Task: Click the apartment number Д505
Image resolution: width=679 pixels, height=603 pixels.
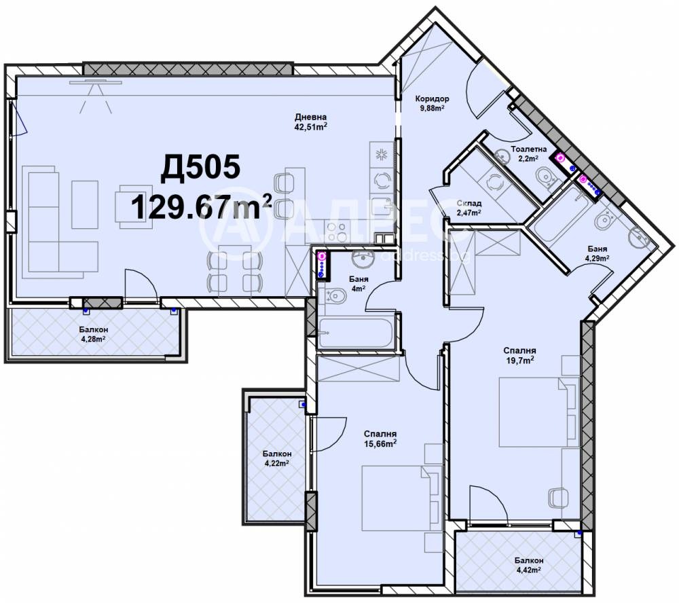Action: coord(200,168)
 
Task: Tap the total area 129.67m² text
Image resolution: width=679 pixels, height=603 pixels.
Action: coord(201,206)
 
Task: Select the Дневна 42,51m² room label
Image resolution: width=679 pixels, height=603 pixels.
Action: coord(310,122)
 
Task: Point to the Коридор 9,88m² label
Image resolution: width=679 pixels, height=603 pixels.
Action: coord(432,103)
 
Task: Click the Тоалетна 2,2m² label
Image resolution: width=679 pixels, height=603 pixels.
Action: coord(529,153)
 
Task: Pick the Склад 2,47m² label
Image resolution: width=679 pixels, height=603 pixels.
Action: coord(469,208)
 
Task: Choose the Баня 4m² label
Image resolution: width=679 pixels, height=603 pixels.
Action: coord(359,284)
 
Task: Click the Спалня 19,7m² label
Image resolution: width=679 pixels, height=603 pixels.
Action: coord(519,354)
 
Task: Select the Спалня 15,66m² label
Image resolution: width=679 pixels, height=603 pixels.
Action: coord(380,439)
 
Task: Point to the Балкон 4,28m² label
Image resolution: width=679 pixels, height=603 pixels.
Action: coord(94,334)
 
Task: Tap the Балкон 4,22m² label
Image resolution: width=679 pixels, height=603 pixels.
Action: coord(277,458)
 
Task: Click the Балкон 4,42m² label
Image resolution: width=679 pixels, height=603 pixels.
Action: coord(529,565)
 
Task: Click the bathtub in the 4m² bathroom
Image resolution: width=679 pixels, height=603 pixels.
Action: coord(356,333)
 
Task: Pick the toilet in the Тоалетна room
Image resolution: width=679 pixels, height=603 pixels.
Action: coord(546,179)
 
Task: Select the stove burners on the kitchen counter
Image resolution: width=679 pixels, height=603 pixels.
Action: coord(336,232)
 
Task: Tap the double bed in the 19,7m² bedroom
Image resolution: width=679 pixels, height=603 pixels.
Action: coord(533,412)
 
